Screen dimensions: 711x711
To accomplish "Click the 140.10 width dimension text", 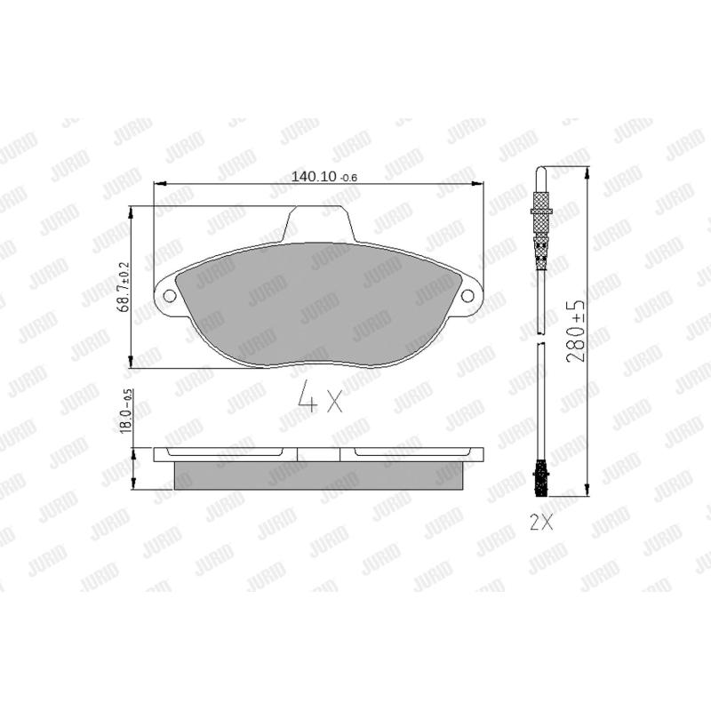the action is [324, 177].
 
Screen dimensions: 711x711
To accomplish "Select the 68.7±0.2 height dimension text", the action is [124, 287].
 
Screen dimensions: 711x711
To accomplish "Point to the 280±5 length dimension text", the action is [576, 331].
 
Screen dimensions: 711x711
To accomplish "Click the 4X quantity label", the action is [320, 398].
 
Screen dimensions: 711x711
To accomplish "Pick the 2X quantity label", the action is [541, 523].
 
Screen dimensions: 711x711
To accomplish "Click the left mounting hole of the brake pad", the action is [169, 296].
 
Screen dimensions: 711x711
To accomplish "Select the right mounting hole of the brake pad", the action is [467, 296].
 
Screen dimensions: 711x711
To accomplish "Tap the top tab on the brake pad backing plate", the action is [317, 224].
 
